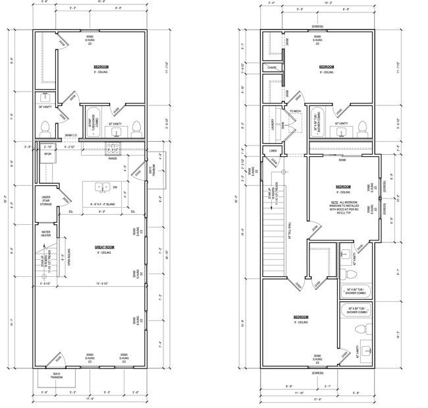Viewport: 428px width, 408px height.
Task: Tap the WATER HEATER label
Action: tap(46, 233)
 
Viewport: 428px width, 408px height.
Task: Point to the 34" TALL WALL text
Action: tap(290, 229)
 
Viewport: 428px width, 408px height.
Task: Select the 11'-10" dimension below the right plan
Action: tap(299, 393)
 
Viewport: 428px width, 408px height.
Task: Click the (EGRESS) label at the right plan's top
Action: tap(317, 26)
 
